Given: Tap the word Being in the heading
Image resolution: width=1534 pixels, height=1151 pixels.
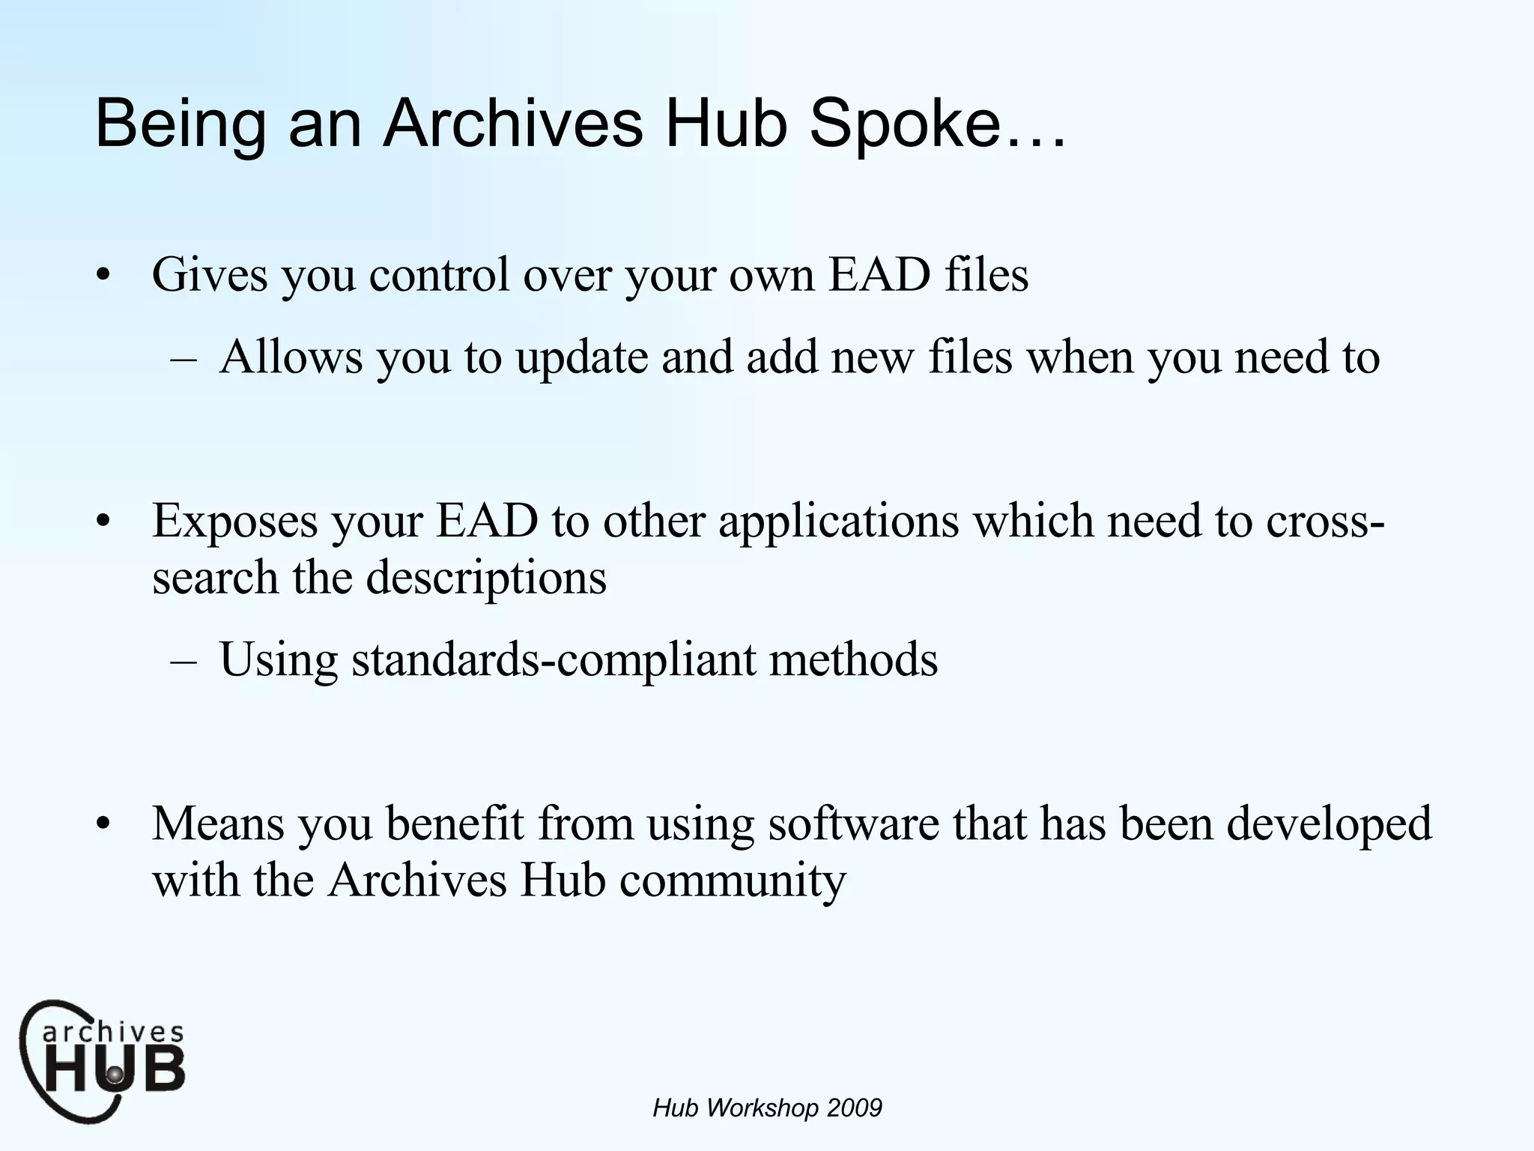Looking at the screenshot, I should pos(180,125).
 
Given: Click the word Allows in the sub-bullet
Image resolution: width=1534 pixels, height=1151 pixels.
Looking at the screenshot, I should pos(291,357).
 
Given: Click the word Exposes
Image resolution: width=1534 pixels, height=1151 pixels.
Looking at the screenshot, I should pos(234,522).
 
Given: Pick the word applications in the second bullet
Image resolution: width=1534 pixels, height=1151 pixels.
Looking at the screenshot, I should pos(838,522).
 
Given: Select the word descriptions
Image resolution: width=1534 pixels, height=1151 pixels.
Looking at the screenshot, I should pos(485,578).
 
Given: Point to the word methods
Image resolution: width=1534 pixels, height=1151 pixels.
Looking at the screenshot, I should pos(853,660).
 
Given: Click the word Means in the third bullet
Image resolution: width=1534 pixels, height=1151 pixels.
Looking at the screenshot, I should pos(218,824).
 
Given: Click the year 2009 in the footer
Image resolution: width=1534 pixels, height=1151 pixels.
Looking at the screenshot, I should pos(855,1108).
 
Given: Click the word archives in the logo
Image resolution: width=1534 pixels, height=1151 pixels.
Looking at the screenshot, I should pos(112,1033).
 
